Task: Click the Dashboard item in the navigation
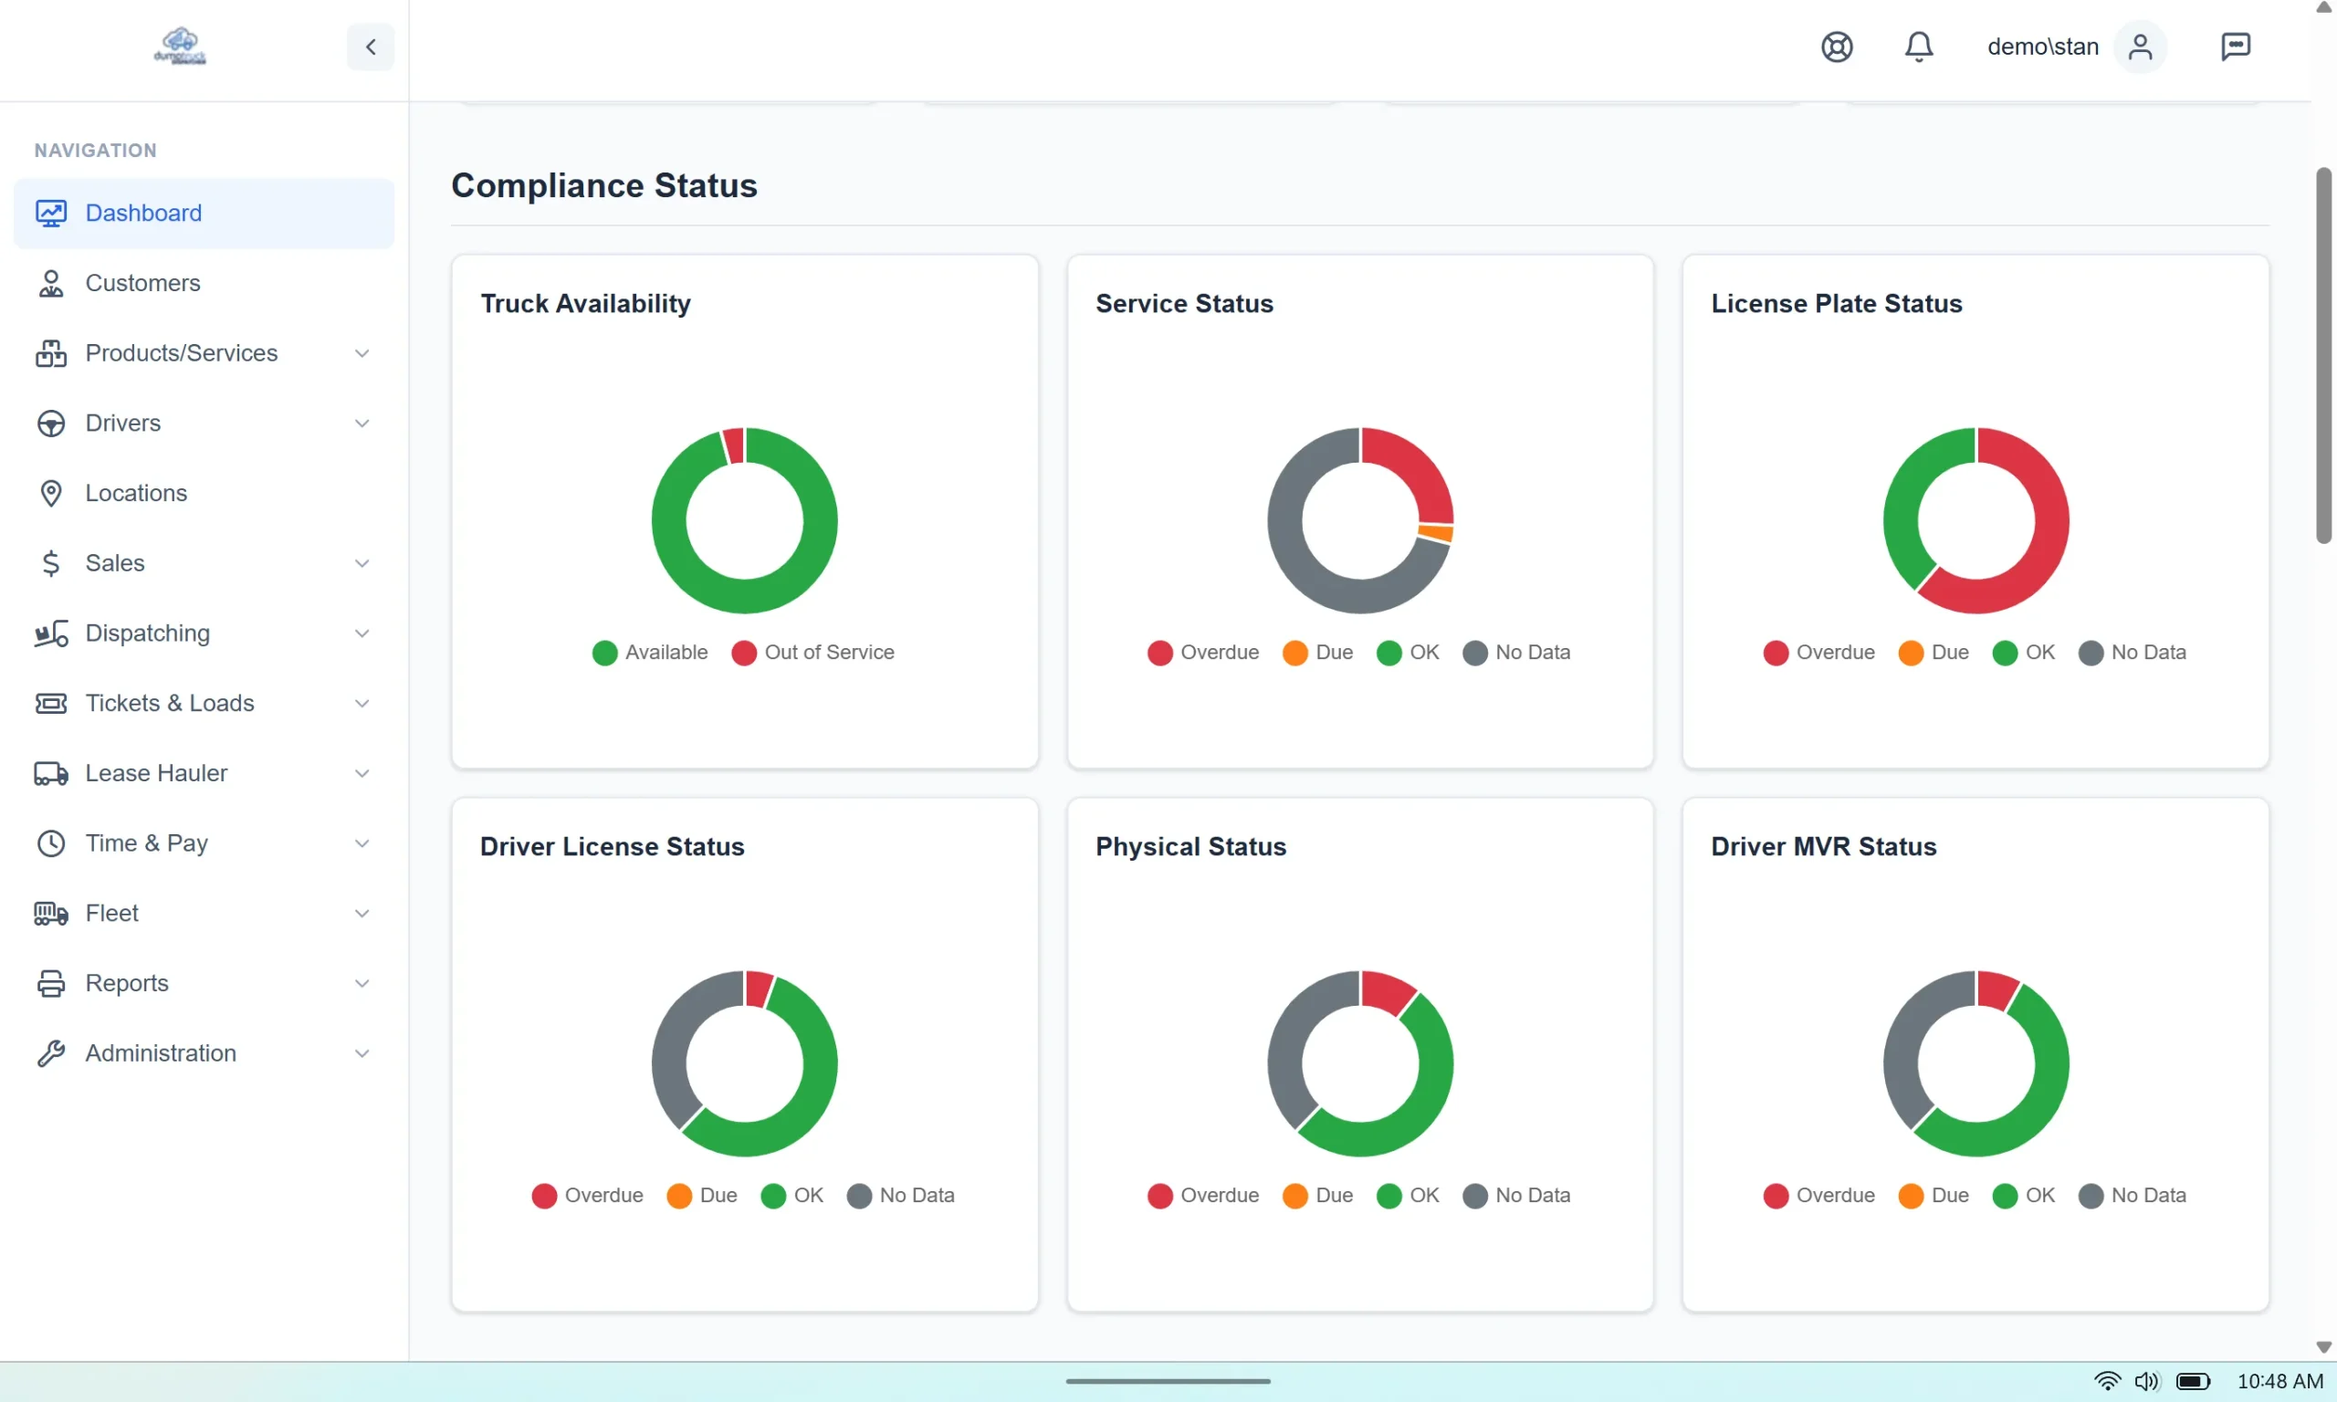[x=142, y=213]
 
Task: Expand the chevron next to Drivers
[x=361, y=424]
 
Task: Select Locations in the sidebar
[x=135, y=493]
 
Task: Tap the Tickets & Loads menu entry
[x=169, y=703]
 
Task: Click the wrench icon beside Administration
[x=51, y=1052]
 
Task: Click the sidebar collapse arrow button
[x=371, y=47]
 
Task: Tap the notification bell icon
[x=1918, y=47]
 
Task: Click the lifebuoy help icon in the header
[x=1836, y=47]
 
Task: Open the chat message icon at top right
[x=2234, y=47]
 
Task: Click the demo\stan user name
[x=2042, y=47]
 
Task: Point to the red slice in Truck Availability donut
[x=734, y=446]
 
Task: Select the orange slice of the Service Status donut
[x=1435, y=534]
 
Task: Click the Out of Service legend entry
[x=813, y=652]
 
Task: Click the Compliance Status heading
[x=603, y=185]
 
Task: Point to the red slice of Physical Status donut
[x=1387, y=992]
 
